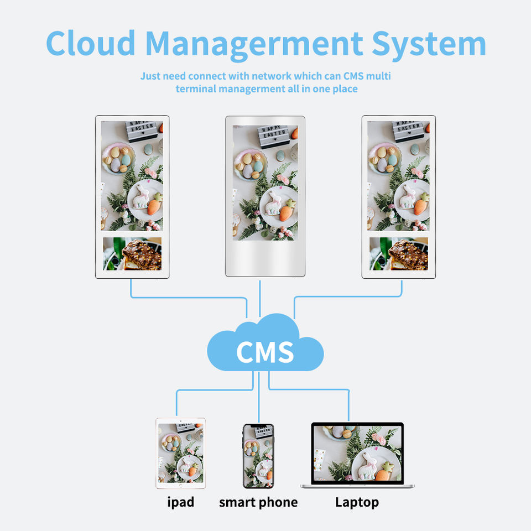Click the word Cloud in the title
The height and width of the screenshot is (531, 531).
click(91, 43)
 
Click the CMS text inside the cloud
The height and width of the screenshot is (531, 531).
click(265, 352)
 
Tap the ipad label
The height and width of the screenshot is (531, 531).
click(180, 502)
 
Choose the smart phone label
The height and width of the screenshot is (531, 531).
click(258, 502)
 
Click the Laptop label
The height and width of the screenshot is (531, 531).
click(357, 502)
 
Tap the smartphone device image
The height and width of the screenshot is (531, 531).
click(258, 456)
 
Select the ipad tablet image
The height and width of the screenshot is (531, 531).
click(180, 453)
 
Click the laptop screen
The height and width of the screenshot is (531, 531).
click(357, 454)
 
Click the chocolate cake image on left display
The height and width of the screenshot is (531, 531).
click(133, 254)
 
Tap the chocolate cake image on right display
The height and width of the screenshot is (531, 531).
click(399, 254)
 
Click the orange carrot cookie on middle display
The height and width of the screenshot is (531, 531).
click(286, 212)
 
